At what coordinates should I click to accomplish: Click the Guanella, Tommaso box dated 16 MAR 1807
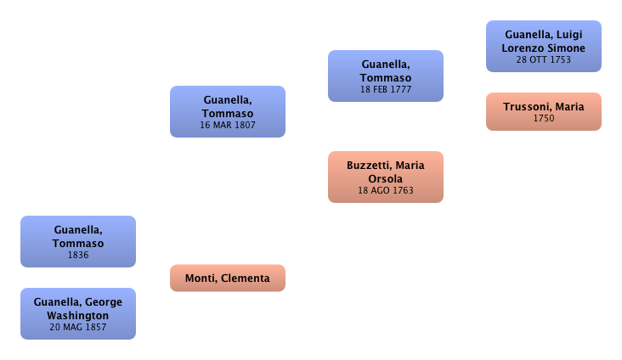pos(227,111)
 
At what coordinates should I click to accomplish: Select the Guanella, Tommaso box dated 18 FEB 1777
pos(385,76)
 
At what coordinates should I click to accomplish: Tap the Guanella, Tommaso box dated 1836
pos(78,241)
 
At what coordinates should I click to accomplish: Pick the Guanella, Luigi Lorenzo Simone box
pos(544,47)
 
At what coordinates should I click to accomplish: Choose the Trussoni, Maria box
pos(544,111)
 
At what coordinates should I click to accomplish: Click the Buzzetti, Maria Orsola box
pos(385,177)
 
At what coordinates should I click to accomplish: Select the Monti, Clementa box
pos(227,278)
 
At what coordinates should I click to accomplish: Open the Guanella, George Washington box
pos(78,313)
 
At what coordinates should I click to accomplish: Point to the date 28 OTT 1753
pos(544,59)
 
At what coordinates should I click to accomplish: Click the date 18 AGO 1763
pos(385,191)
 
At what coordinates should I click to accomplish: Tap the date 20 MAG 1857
pos(78,327)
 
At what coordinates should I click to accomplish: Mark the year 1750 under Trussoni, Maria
pos(544,118)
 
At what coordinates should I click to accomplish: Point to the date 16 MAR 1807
pos(227,125)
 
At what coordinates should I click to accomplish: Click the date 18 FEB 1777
pos(385,89)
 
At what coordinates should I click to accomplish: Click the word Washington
pos(78,315)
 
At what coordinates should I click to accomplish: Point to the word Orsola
pos(385,178)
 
